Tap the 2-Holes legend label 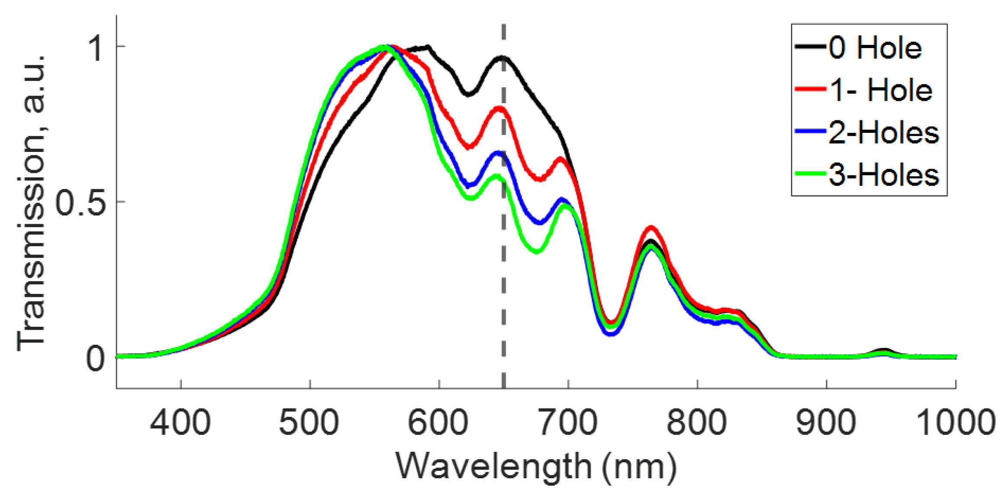tap(883, 132)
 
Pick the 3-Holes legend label tap(883, 175)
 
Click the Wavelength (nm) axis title tap(536, 467)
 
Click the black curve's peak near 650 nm tap(502, 57)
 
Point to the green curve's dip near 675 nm tap(537, 251)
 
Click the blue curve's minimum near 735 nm tap(611, 334)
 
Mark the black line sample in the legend tap(810, 46)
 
